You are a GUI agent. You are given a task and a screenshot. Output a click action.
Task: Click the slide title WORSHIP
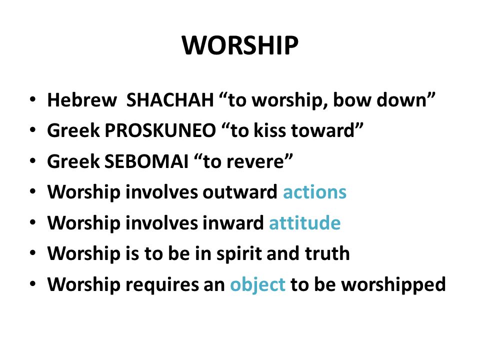point(240,46)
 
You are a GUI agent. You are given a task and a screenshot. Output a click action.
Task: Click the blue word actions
point(314,192)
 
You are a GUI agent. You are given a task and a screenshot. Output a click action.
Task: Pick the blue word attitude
point(304,223)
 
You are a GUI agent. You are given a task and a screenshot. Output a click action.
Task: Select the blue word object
point(258,284)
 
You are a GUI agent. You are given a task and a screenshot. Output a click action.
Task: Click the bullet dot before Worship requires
point(33,285)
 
